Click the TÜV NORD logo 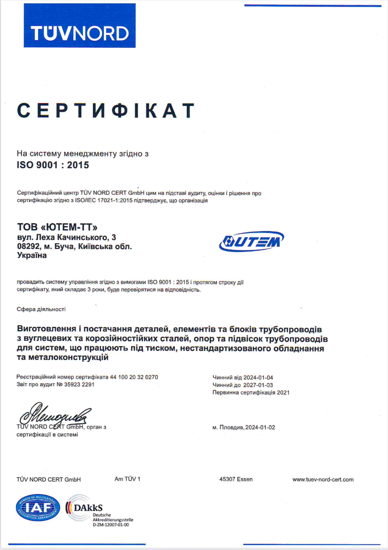coord(80,26)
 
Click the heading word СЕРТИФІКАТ coord(106,111)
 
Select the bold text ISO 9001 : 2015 coord(53,165)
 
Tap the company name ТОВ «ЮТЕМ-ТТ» coord(57,227)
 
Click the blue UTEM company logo coord(251,241)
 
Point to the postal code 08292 coord(28,246)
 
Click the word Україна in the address coord(32,255)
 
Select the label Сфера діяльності coord(41,309)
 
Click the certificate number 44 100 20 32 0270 coord(134,377)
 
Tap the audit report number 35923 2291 coord(79,384)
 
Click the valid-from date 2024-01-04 coord(258,377)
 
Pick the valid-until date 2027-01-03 coord(258,385)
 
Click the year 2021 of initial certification coord(283,392)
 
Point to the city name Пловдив coord(232,427)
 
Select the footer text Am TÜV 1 coord(127,479)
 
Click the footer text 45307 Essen coord(236,479)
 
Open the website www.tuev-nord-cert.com coord(323,479)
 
